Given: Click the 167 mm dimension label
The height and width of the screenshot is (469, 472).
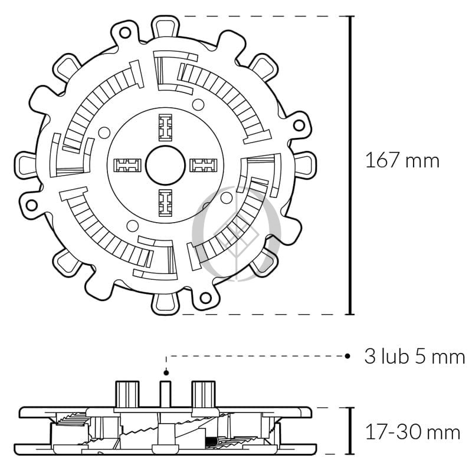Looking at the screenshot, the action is pyautogui.click(x=402, y=160).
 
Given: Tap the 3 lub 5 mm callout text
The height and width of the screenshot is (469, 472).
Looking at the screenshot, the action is pyautogui.click(x=415, y=356).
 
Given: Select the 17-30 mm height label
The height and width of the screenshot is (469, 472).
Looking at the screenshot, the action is pyautogui.click(x=412, y=432).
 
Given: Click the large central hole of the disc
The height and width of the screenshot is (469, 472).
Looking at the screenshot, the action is pyautogui.click(x=165, y=165).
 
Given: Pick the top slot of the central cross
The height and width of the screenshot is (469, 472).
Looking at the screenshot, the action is pyautogui.click(x=165, y=127).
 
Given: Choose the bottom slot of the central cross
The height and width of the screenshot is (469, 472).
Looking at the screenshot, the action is pyautogui.click(x=165, y=203).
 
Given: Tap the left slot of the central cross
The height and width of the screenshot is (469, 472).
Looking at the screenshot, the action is pyautogui.click(x=127, y=165).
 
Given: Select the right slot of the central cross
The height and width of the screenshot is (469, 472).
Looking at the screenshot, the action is pyautogui.click(x=204, y=165).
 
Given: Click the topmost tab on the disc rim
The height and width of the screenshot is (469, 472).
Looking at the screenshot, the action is pyautogui.click(x=165, y=27).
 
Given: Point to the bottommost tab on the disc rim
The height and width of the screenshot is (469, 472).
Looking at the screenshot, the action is pyautogui.click(x=165, y=303).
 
